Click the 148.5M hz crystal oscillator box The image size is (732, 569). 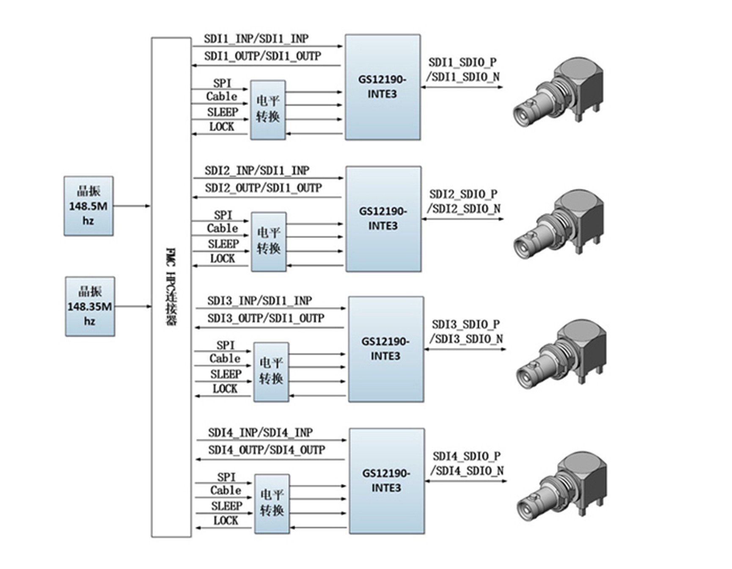tap(88, 206)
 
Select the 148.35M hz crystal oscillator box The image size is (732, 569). tap(90, 307)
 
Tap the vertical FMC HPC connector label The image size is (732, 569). tap(171, 287)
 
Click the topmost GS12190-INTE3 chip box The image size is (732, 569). tap(383, 87)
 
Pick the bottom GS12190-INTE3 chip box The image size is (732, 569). tap(387, 481)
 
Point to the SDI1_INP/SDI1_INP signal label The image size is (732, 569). tap(256, 38)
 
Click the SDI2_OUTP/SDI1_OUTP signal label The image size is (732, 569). tap(263, 188)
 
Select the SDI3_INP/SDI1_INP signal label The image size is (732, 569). tap(260, 301)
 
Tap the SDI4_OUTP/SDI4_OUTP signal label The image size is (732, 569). tap(267, 450)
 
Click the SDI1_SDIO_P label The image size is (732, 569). tap(462, 63)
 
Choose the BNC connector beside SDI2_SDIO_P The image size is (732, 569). tap(559, 224)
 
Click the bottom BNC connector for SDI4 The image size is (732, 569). tap(562, 486)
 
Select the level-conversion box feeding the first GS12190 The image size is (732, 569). tap(268, 110)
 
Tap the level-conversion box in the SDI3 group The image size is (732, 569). tap(271, 372)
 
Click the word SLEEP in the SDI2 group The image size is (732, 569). tap(223, 244)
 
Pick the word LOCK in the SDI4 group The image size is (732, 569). tap(226, 521)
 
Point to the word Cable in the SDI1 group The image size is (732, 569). tap(222, 96)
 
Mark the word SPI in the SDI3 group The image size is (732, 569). tap(226, 345)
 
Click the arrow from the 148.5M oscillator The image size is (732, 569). tap(132, 206)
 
